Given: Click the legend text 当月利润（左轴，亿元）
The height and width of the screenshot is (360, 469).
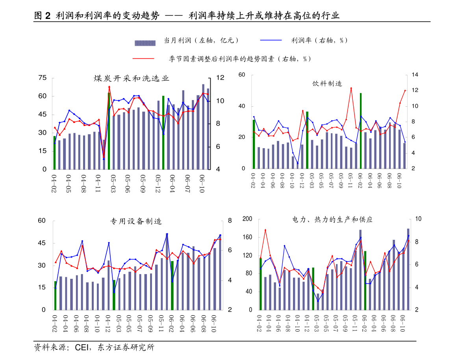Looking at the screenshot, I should pos(205,40).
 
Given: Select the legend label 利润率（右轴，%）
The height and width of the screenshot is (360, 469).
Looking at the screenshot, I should pos(319,40).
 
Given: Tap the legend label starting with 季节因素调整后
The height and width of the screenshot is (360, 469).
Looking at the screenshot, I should pos(253,59).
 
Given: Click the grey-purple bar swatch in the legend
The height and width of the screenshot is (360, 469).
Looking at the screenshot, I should pos(145,43).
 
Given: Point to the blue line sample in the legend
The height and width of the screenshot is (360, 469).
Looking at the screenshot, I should pos(271,40).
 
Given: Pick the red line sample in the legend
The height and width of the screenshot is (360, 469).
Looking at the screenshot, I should pos(143,59).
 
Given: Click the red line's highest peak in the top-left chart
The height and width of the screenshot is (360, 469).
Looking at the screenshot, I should pos(109,86).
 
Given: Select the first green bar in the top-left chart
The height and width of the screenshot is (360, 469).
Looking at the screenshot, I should pos(54,153).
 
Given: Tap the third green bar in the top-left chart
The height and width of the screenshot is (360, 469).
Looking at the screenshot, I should pos(163,132).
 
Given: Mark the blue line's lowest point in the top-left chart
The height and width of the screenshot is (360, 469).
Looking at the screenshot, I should pos(104,159).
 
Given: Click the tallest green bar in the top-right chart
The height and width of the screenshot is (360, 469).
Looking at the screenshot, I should pos(361,131).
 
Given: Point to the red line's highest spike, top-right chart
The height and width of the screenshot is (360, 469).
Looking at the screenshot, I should pos(351,88).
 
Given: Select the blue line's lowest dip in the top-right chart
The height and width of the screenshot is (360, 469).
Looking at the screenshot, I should pos(298,163).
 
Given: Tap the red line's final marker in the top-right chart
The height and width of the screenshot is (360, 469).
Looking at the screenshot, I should pos(405,90).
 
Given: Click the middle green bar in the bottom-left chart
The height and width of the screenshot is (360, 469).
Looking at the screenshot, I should pos(114,295).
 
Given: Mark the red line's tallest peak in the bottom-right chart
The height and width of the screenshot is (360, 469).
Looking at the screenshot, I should pos(265,229).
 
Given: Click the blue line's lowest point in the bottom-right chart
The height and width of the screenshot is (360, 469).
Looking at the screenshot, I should pos(318,301).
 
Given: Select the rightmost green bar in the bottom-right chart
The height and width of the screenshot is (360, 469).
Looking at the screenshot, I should pos(365,280).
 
